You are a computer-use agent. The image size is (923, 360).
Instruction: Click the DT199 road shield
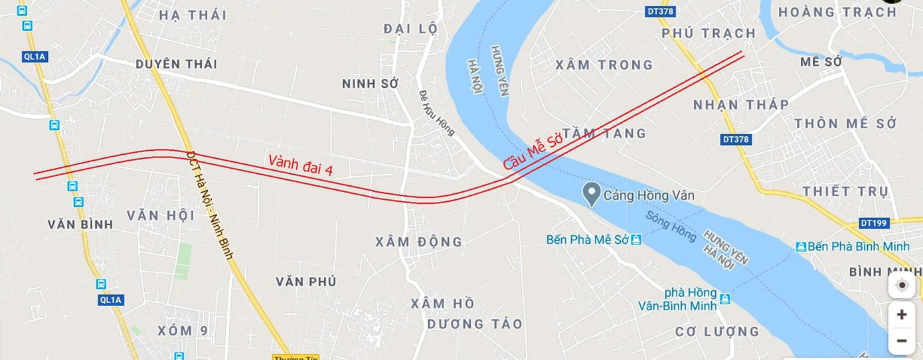click(873, 223)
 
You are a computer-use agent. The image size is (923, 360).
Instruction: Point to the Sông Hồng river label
click(671, 226)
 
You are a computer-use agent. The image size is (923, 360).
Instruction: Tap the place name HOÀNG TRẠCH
click(837, 12)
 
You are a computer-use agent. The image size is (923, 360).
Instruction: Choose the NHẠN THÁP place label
click(741, 104)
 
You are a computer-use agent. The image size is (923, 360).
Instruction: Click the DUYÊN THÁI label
click(176, 64)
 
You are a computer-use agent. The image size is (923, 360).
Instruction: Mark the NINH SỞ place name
click(370, 84)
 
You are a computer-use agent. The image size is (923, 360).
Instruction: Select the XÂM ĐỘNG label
click(418, 242)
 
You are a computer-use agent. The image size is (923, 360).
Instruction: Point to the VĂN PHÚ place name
click(306, 282)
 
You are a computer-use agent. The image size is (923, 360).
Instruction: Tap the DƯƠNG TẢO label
click(474, 324)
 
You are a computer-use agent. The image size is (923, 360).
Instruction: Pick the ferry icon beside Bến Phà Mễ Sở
click(636, 239)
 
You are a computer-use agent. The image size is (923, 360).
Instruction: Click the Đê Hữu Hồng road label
click(437, 113)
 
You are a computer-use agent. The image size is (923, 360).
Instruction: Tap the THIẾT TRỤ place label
click(845, 191)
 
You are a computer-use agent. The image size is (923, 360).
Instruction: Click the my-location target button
click(901, 285)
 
